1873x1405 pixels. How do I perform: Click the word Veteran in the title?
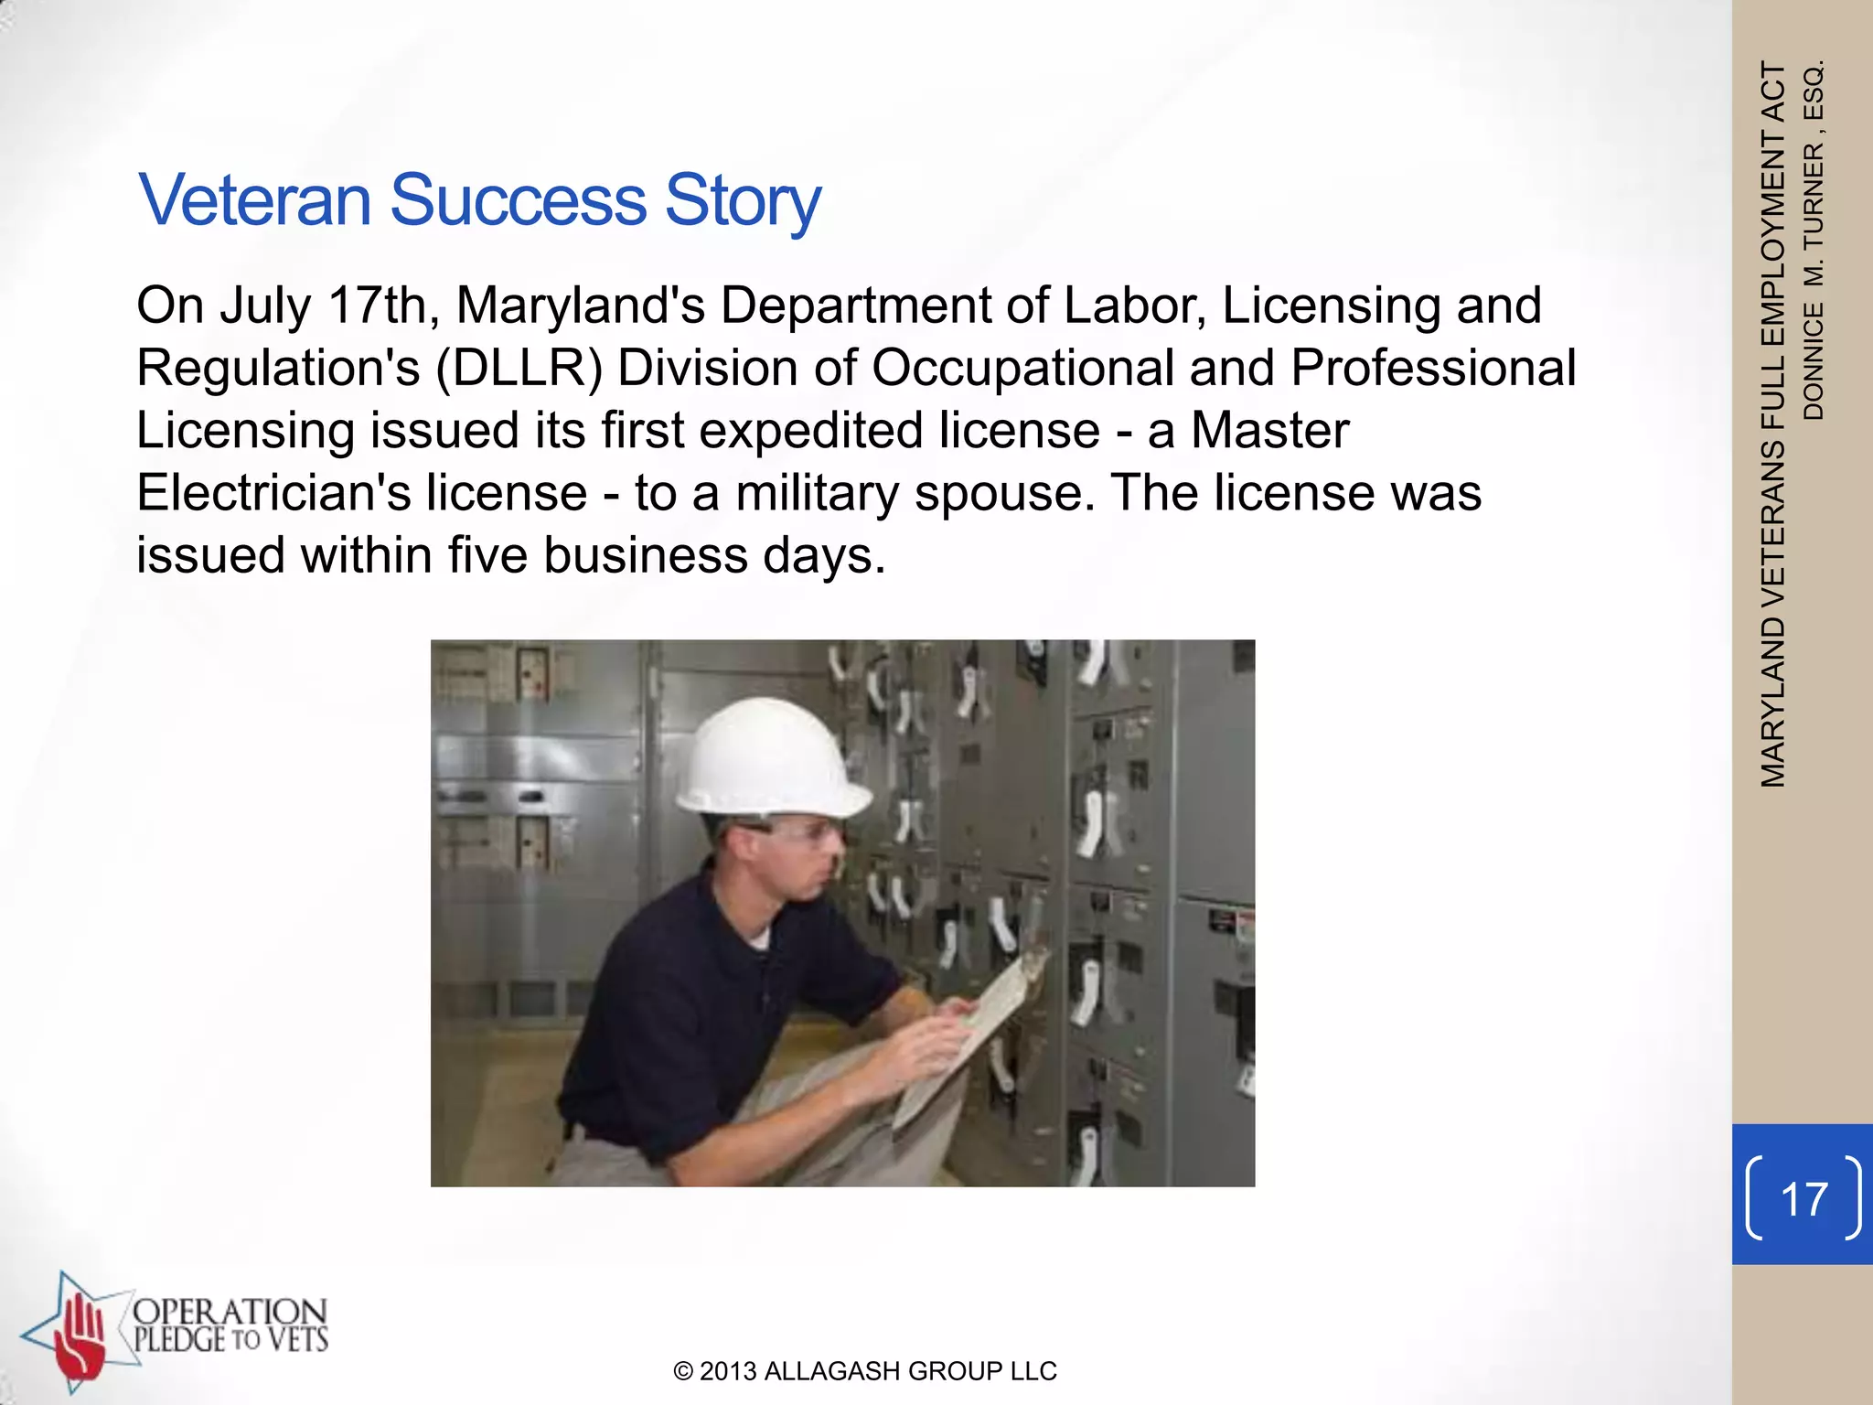pyautogui.click(x=254, y=199)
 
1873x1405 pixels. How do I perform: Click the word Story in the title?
pyautogui.click(x=743, y=201)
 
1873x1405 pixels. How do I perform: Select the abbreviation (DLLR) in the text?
pyautogui.click(x=519, y=369)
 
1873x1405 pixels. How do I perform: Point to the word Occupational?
pyautogui.click(x=1022, y=369)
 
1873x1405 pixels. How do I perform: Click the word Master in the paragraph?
pyautogui.click(x=1269, y=431)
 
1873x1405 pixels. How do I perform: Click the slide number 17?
pyautogui.click(x=1803, y=1198)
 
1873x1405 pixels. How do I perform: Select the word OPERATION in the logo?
pyautogui.click(x=230, y=1314)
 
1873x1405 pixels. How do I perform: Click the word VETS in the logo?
pyautogui.click(x=297, y=1341)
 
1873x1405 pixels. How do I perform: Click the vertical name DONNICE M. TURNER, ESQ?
pyautogui.click(x=1813, y=240)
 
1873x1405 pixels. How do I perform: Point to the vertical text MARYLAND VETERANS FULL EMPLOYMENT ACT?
pyautogui.click(x=1773, y=425)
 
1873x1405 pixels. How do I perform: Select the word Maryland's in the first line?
pyautogui.click(x=580, y=306)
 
